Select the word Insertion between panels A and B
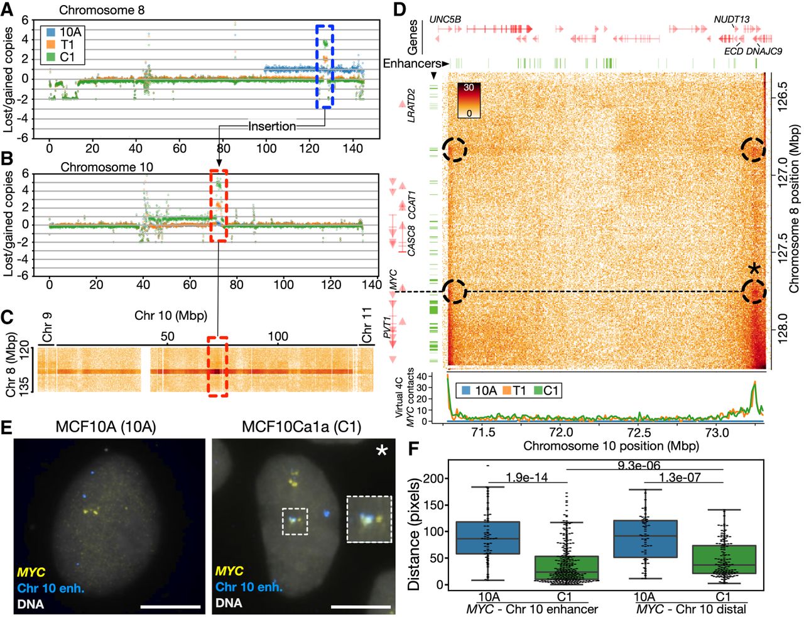click(x=272, y=126)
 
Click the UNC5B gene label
click(x=445, y=19)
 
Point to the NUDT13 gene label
click(x=732, y=19)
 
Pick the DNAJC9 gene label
click(x=764, y=51)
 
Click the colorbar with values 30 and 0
click(x=469, y=101)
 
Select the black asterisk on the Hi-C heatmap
click(x=754, y=269)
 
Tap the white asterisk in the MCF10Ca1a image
click(x=381, y=451)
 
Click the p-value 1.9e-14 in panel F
click(x=526, y=478)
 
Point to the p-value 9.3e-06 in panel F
click(x=639, y=465)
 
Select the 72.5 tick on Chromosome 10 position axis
click(x=639, y=432)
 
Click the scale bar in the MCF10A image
click(x=171, y=607)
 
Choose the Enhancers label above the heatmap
click(x=412, y=63)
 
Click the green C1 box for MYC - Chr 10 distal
click(x=724, y=559)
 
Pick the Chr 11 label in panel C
click(x=367, y=327)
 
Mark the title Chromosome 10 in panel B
click(x=107, y=167)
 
